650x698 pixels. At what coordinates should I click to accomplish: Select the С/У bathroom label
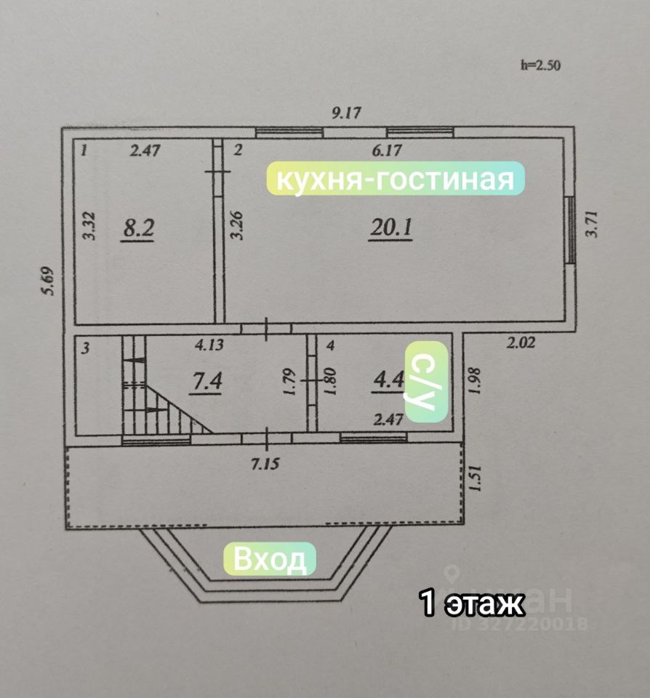click(x=426, y=381)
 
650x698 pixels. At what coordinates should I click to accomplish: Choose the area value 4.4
click(x=386, y=381)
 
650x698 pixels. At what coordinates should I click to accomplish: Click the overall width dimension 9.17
click(x=346, y=113)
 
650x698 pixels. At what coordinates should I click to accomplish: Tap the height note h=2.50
click(x=541, y=65)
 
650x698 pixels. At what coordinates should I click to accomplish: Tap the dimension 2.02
click(x=520, y=343)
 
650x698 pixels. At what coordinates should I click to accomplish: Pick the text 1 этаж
click(x=472, y=603)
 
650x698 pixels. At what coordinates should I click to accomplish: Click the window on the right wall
click(x=571, y=231)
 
